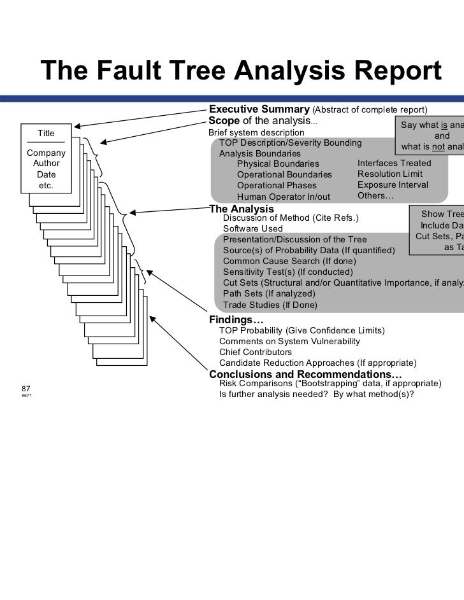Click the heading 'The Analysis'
[x=242, y=209]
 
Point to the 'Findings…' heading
[x=236, y=319]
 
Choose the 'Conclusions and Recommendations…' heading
[x=305, y=373]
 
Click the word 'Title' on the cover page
[x=47, y=133]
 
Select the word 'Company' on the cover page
[x=47, y=153]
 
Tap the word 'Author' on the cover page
[x=47, y=164]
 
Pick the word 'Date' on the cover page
[x=47, y=174]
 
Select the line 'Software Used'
[x=252, y=228]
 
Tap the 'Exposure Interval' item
[x=393, y=185]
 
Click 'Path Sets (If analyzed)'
[x=269, y=293]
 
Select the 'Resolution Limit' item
[x=389, y=174]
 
